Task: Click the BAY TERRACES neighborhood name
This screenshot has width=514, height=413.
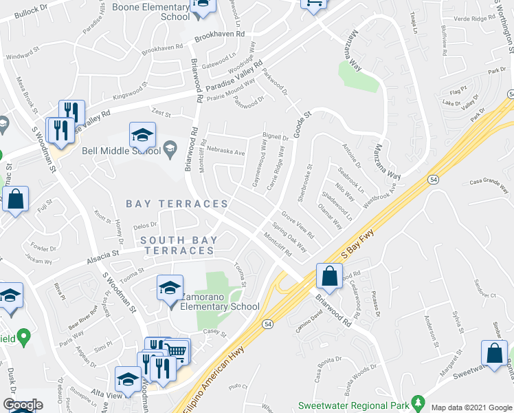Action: tap(177, 204)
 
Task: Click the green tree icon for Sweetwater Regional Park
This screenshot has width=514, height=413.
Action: tap(416, 401)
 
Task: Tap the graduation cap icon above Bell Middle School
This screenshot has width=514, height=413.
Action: tap(143, 133)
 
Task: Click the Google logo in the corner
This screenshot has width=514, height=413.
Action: tap(23, 404)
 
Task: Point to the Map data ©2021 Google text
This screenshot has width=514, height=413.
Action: tap(471, 407)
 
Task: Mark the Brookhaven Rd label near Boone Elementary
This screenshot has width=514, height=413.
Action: tap(219, 34)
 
